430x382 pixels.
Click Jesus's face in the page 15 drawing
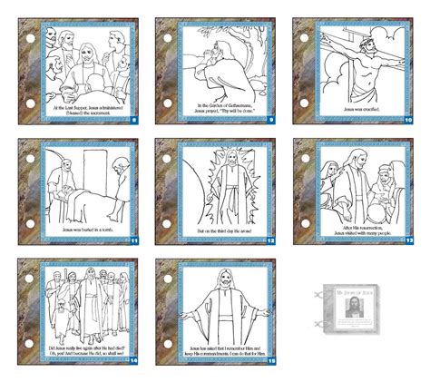220,277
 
